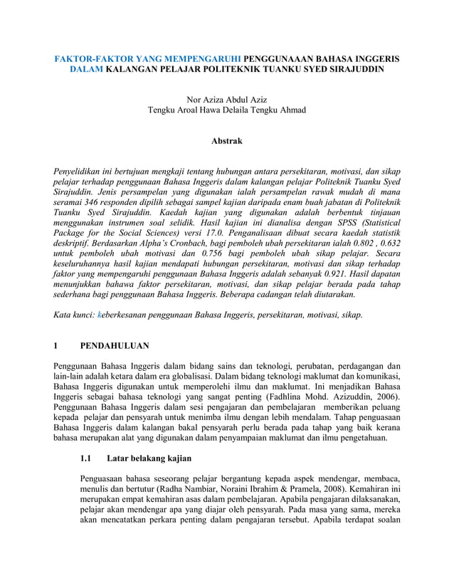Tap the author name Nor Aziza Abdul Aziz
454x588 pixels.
coord(226,98)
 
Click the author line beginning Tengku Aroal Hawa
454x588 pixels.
coord(226,110)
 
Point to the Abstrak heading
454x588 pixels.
coord(226,142)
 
